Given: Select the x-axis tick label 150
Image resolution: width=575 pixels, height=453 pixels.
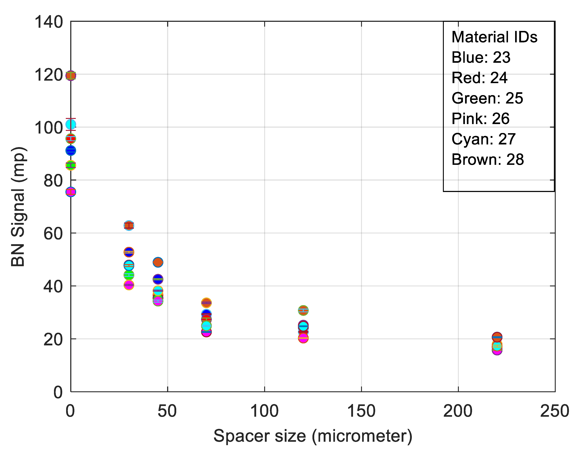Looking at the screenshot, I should point(361,411).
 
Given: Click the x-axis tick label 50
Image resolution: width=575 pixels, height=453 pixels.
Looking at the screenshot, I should point(167,411).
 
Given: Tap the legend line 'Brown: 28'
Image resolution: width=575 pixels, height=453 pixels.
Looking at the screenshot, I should point(487,159).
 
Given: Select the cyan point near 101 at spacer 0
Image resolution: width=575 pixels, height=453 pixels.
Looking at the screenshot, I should point(71,124).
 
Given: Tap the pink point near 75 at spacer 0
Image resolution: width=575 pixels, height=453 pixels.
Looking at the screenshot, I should point(71,192).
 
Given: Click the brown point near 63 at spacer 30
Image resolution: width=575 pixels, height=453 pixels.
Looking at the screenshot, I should point(129,225).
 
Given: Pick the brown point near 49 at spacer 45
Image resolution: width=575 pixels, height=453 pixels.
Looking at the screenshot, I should point(158,262).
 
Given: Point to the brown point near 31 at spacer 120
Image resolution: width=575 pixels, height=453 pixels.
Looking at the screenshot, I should point(303,310).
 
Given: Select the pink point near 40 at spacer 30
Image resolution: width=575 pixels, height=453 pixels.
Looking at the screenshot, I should point(129,285).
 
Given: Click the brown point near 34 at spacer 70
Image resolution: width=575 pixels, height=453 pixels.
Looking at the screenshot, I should point(206,303).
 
